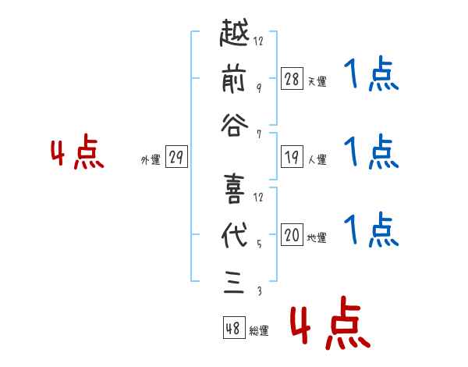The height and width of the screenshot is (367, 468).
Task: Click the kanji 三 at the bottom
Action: [234, 279]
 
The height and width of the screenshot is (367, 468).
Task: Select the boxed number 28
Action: [292, 78]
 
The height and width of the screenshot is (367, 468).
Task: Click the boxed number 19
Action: [292, 157]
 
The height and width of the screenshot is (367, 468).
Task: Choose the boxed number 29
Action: [175, 158]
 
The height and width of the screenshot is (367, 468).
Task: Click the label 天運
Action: [317, 81]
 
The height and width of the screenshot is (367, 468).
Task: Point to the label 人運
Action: [317, 160]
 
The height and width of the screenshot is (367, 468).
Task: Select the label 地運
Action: [317, 238]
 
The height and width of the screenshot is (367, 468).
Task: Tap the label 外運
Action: [151, 160]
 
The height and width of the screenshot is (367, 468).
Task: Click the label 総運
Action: [259, 330]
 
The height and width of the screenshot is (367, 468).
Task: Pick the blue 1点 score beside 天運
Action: [371, 77]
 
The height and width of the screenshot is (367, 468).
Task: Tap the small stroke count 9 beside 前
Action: [258, 87]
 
